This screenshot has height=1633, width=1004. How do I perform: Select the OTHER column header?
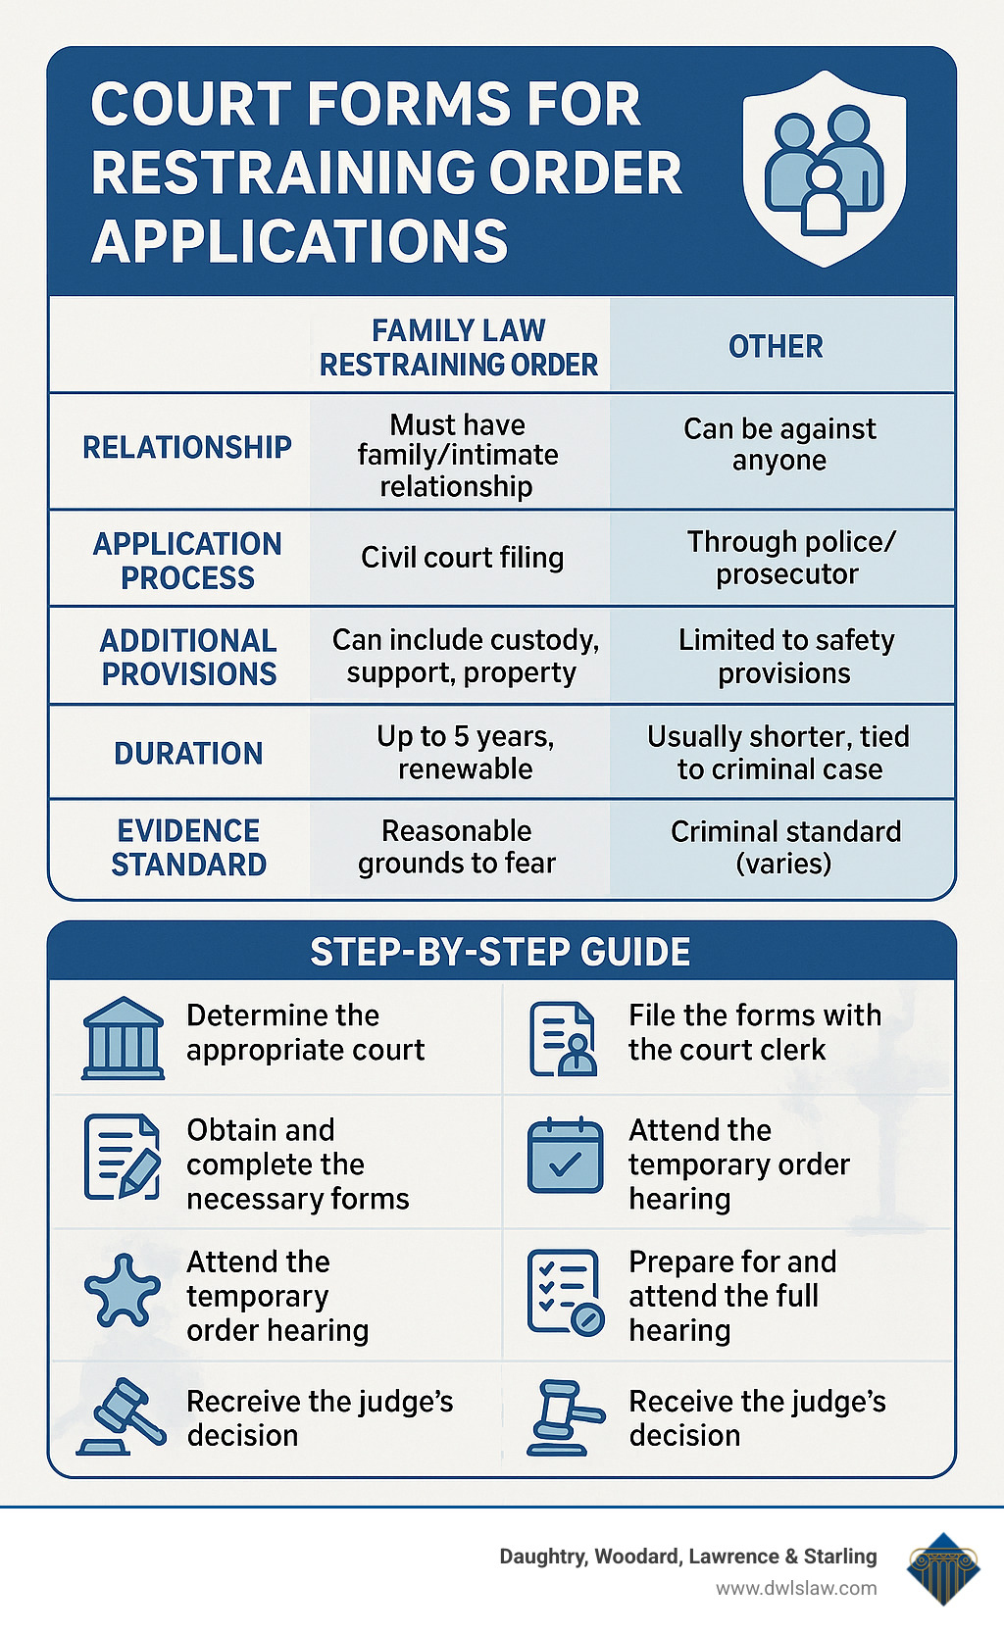(x=776, y=347)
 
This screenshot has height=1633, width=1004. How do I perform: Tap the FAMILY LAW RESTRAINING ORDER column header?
(x=459, y=348)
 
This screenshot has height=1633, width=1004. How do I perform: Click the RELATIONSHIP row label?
(x=187, y=448)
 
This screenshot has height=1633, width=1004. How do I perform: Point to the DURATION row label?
(x=188, y=754)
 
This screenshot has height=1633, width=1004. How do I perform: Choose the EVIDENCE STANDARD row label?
(x=188, y=848)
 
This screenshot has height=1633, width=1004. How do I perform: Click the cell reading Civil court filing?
(x=462, y=558)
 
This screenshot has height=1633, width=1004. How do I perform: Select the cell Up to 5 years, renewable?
(x=465, y=752)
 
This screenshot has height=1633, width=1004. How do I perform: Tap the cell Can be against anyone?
(x=779, y=445)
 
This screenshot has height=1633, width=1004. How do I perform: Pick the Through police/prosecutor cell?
(x=789, y=558)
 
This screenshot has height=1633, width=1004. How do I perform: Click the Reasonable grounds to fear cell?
(x=457, y=847)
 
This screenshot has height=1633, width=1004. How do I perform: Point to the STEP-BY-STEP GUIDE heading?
(x=500, y=953)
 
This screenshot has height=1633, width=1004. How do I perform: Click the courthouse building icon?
(x=123, y=1038)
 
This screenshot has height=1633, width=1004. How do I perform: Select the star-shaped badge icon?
(x=122, y=1291)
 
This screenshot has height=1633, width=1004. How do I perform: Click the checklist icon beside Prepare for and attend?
(x=566, y=1292)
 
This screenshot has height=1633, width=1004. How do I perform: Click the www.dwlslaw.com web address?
(x=796, y=1588)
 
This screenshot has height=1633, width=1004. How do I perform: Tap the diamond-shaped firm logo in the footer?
(x=942, y=1567)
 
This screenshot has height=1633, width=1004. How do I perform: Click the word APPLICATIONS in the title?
(x=300, y=241)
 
